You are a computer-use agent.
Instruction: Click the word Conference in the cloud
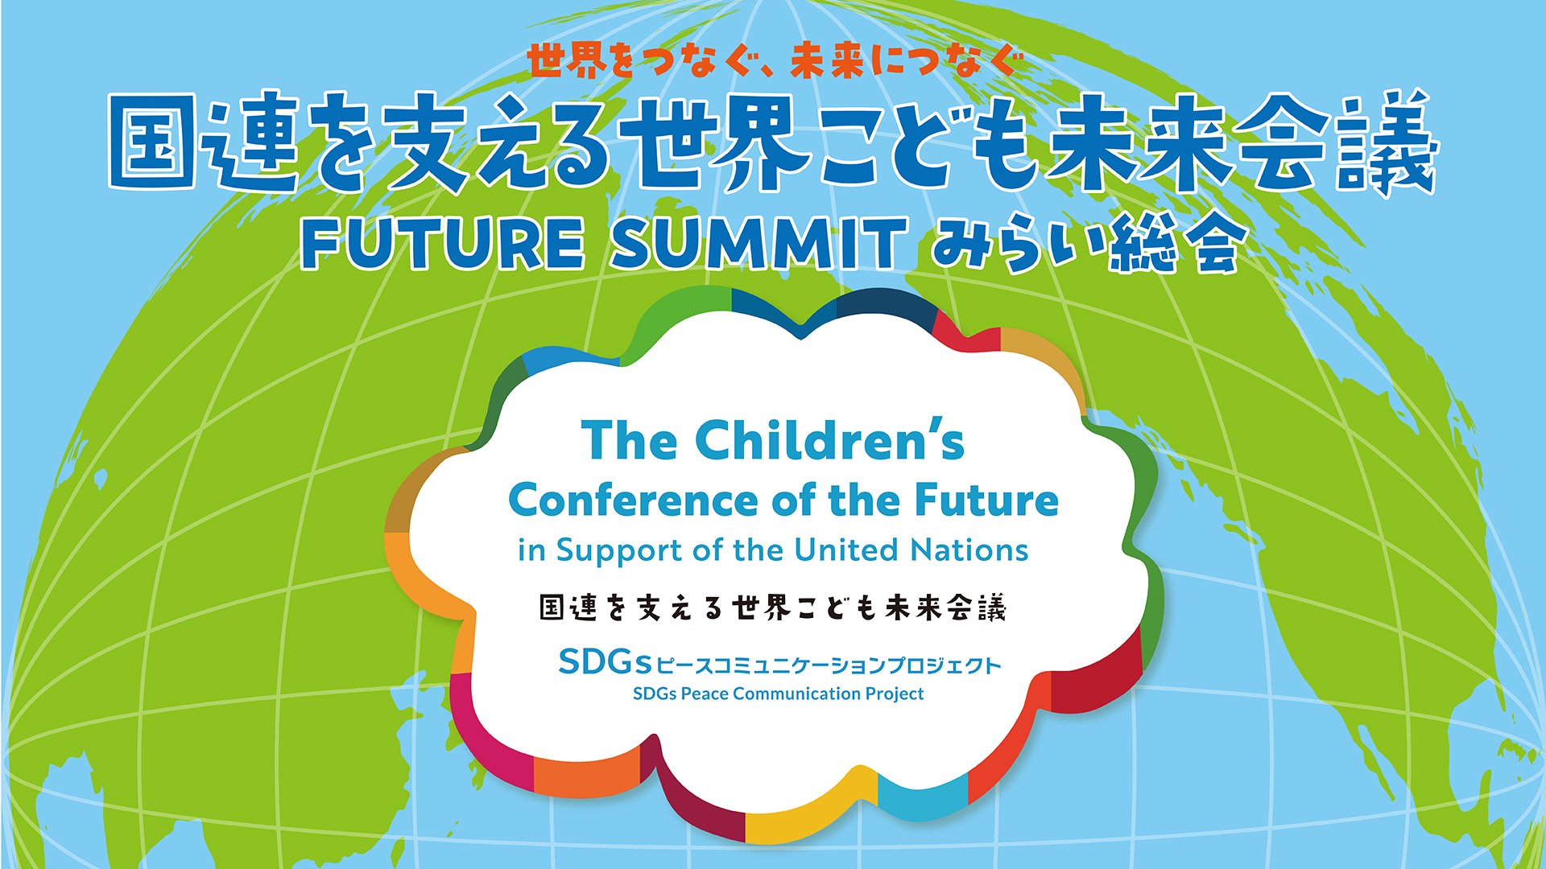(x=633, y=500)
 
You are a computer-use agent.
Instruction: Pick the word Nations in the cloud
(x=969, y=550)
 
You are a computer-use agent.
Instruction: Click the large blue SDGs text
(x=605, y=662)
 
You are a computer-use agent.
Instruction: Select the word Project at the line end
(x=895, y=694)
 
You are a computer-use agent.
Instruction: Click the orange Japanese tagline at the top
(x=775, y=60)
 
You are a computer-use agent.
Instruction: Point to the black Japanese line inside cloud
(x=773, y=607)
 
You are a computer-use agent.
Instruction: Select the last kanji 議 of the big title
(x=1386, y=142)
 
